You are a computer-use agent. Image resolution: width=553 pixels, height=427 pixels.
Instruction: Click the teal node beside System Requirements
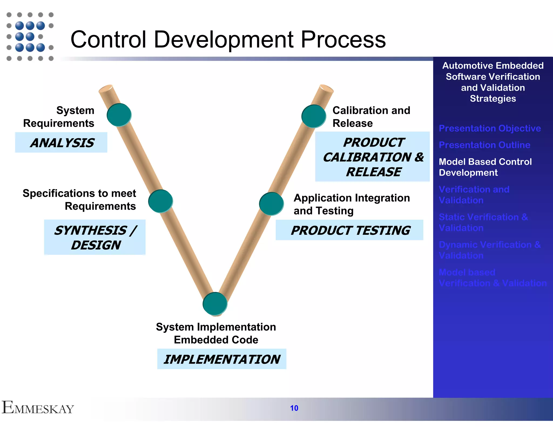[x=119, y=115]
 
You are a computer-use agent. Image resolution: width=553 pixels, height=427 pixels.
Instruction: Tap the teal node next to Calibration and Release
[x=314, y=116]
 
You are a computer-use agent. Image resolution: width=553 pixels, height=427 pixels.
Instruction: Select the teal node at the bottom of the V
[x=215, y=303]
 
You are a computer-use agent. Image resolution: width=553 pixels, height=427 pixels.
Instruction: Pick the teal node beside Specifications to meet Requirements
[x=161, y=201]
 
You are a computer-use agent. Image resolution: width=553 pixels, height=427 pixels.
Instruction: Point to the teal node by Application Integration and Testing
[x=271, y=204]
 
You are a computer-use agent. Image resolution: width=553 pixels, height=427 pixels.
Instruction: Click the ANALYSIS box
[x=61, y=143]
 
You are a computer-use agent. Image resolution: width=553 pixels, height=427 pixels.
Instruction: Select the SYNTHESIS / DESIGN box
[x=95, y=237]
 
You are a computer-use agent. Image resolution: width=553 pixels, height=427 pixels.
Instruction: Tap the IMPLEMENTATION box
[x=222, y=359]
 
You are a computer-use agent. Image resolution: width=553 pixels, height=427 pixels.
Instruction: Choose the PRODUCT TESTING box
[x=349, y=230]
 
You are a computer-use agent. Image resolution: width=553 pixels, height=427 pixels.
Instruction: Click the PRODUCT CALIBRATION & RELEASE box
[x=373, y=157]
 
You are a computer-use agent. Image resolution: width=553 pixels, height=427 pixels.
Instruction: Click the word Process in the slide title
[x=343, y=40]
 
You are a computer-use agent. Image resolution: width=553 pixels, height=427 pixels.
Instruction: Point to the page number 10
[x=294, y=408]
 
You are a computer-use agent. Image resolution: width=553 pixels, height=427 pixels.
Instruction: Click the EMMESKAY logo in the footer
[x=38, y=408]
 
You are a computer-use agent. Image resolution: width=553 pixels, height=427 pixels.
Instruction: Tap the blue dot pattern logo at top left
[x=30, y=36]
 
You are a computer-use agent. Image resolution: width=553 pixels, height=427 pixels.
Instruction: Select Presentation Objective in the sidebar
[x=490, y=128]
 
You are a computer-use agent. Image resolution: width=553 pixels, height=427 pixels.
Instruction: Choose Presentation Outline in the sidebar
[x=484, y=145]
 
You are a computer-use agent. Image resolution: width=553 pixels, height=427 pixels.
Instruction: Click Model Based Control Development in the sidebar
[x=485, y=167]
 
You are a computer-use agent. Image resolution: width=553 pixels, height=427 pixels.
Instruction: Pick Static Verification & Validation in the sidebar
[x=483, y=222]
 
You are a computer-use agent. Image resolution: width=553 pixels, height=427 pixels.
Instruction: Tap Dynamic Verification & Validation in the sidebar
[x=489, y=250]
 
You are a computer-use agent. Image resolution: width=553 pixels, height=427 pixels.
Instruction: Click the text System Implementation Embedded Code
[x=216, y=333]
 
